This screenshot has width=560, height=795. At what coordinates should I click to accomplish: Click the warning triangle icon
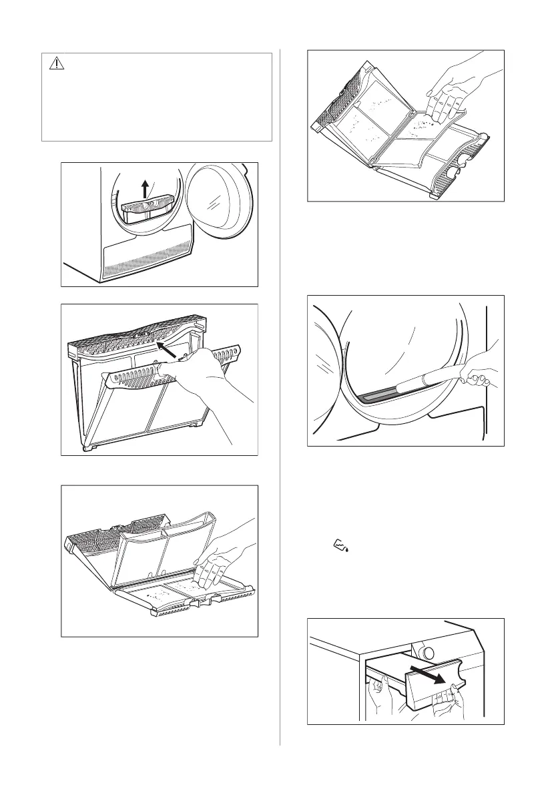[x=56, y=63]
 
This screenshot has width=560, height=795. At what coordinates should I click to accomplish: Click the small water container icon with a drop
[x=341, y=548]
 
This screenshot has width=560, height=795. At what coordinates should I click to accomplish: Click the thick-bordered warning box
[x=157, y=97]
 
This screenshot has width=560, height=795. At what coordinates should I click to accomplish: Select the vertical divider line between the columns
[x=280, y=401]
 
